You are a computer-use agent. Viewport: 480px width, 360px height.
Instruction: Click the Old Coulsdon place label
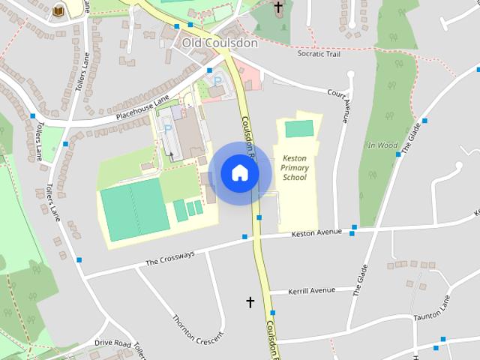click(x=220, y=43)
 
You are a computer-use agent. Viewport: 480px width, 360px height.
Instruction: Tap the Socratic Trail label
click(x=323, y=54)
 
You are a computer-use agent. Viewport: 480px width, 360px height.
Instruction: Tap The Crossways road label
click(x=169, y=257)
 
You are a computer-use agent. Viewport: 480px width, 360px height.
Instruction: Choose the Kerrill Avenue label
click(x=312, y=290)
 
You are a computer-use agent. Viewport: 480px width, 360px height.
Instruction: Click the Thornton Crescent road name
click(x=198, y=327)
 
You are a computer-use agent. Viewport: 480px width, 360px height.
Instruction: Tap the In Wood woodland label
click(x=382, y=145)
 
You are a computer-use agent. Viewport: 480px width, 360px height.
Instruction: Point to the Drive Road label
click(x=113, y=343)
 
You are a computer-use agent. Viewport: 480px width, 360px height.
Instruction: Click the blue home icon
click(x=240, y=173)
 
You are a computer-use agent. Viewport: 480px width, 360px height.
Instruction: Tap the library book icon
click(x=58, y=10)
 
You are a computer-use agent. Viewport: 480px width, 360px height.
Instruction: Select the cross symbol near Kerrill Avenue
click(x=250, y=301)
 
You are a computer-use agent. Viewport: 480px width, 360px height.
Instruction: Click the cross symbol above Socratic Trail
click(x=278, y=8)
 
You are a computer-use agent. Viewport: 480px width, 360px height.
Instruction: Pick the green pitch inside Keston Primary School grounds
click(x=300, y=128)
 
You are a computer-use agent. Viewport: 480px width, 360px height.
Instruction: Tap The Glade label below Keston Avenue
click(x=361, y=280)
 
